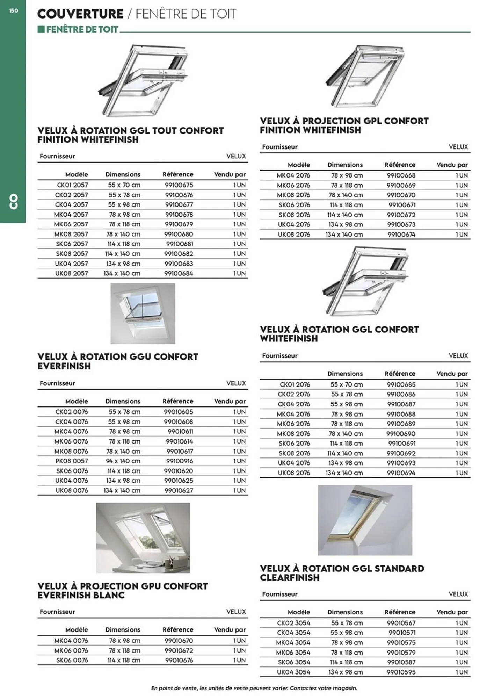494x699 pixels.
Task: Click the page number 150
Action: [x=14, y=11]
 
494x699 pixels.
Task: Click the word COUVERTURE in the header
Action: [x=80, y=14]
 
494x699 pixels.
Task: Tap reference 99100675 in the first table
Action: [x=179, y=185]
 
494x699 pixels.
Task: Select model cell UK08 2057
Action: [x=71, y=273]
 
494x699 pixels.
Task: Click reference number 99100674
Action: [x=401, y=235]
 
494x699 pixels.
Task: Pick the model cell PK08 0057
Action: [x=72, y=461]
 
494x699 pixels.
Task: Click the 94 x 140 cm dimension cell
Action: [x=123, y=461]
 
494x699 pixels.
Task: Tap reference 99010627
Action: [x=179, y=490]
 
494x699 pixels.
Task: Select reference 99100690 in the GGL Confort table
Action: [x=401, y=434]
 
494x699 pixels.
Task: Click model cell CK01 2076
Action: [x=295, y=384]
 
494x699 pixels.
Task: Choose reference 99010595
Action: [x=401, y=672]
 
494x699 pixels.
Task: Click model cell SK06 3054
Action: [x=294, y=662]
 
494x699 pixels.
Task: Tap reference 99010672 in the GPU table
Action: [x=179, y=650]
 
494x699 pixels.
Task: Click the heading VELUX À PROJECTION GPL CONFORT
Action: [x=344, y=121]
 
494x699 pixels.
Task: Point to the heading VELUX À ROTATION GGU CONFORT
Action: [x=118, y=357]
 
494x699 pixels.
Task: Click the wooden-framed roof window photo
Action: [x=365, y=520]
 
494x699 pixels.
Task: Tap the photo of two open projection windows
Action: [x=143, y=538]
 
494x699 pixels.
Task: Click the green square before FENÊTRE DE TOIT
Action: [x=41, y=29]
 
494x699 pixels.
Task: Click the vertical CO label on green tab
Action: [x=13, y=202]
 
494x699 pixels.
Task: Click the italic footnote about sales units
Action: [x=254, y=688]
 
